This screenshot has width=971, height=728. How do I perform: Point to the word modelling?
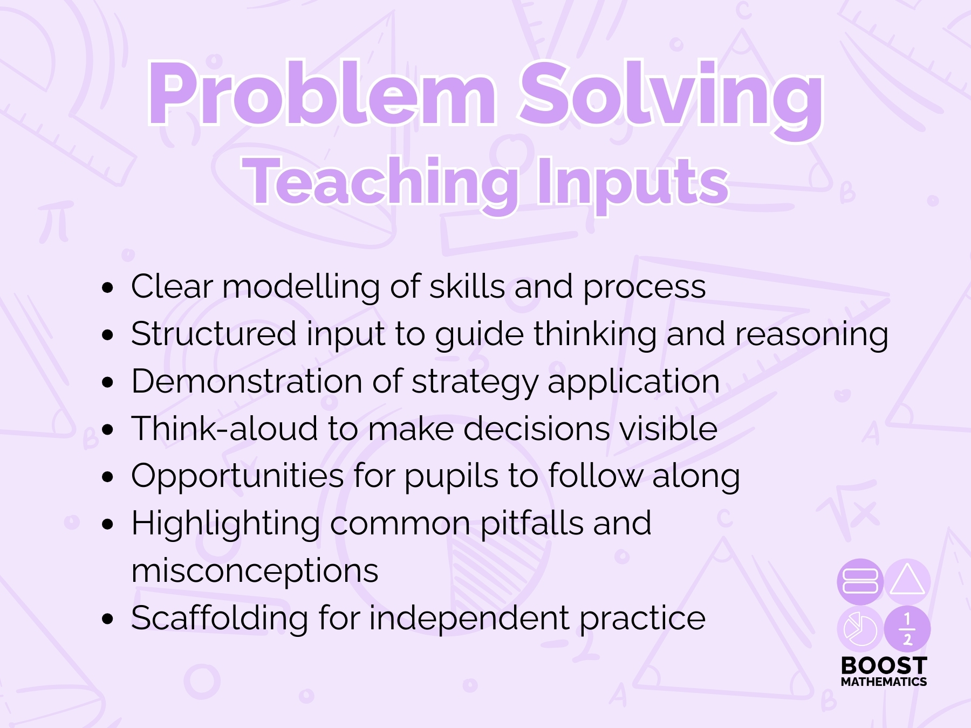(301, 287)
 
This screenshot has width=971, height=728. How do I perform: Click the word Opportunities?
(237, 477)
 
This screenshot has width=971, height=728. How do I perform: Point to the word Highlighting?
(226, 525)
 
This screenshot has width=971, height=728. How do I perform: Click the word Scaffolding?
(220, 619)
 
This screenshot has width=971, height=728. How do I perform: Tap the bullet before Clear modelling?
(108, 287)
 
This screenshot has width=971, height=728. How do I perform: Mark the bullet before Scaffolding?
(108, 619)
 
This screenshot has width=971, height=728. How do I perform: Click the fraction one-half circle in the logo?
(908, 629)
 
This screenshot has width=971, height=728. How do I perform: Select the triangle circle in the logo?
(908, 581)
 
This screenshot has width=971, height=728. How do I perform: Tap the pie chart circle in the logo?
(860, 629)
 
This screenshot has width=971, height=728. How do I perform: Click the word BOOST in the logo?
(884, 665)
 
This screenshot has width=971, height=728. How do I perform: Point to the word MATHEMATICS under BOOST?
(884, 682)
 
